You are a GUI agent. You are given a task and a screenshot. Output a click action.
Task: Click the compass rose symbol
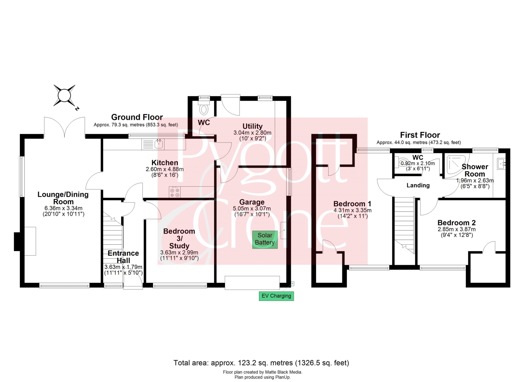coord(64,96)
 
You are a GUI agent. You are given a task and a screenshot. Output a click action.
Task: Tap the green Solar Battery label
coord(265,239)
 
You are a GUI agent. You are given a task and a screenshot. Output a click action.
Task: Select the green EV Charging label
coord(276,296)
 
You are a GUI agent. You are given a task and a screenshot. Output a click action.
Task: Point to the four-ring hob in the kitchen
coord(175,192)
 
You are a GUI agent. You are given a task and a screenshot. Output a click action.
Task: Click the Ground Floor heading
coord(137,117)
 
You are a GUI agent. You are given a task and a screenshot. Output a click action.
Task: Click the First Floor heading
coord(420,135)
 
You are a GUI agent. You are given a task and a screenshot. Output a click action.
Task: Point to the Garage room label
coord(252,202)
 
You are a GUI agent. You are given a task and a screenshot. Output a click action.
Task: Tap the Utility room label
coord(252,126)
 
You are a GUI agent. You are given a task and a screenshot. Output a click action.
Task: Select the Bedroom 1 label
coord(352,203)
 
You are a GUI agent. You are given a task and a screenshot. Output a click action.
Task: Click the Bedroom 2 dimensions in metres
coord(456,229)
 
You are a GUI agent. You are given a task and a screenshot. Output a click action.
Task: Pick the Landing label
coord(418,185)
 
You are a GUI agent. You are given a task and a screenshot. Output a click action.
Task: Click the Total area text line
coord(261,363)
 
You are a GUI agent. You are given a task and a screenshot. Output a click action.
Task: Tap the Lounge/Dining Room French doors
coord(64,127)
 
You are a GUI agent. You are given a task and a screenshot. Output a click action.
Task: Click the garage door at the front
coord(252,283)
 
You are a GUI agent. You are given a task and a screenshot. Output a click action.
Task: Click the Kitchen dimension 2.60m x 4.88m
coord(164,169)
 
